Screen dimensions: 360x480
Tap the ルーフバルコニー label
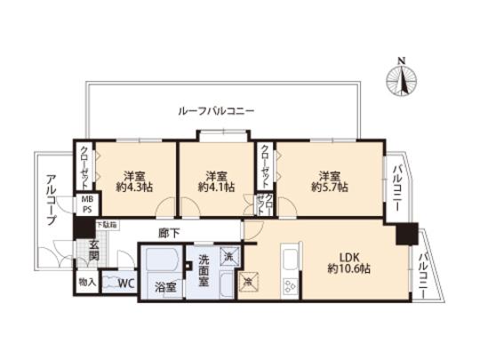pos(217,111)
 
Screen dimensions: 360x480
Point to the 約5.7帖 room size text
pos(329,188)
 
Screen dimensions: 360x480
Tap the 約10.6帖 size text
pos(347,268)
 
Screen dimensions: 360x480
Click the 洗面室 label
pos(204,268)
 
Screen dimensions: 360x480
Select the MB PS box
pos(86,206)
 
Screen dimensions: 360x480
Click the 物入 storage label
pos(85,283)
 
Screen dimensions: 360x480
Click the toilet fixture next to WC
pos(108,284)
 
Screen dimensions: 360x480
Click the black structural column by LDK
pos(406,235)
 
